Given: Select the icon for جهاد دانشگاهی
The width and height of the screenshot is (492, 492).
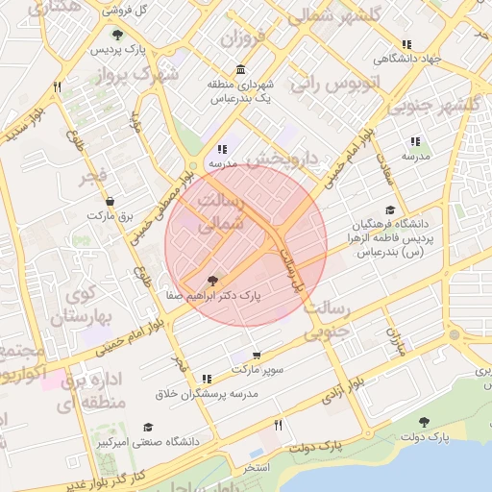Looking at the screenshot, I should [x=406, y=44].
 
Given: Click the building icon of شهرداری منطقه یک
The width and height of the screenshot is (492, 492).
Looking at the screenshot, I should [x=239, y=70].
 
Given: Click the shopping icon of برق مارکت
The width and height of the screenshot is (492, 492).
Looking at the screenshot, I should [x=111, y=202].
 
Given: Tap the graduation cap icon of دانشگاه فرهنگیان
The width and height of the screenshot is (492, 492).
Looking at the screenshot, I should [x=389, y=209].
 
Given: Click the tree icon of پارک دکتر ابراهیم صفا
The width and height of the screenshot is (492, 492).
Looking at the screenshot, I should [x=212, y=282].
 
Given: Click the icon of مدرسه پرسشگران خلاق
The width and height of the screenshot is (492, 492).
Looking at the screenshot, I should [x=209, y=380].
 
